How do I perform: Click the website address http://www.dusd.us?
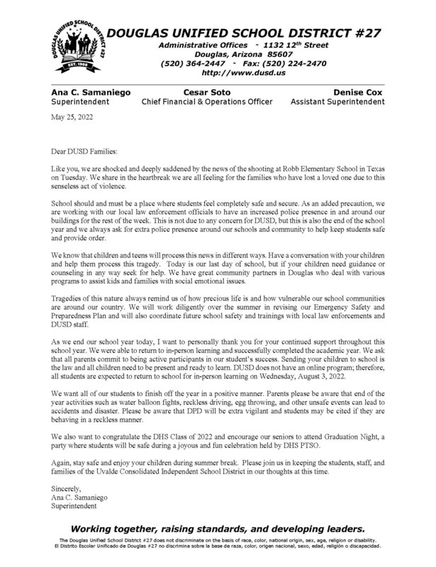(x=242, y=72)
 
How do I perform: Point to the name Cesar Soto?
(x=206, y=91)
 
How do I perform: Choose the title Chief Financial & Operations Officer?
(x=207, y=102)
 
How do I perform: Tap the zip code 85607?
(x=280, y=52)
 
